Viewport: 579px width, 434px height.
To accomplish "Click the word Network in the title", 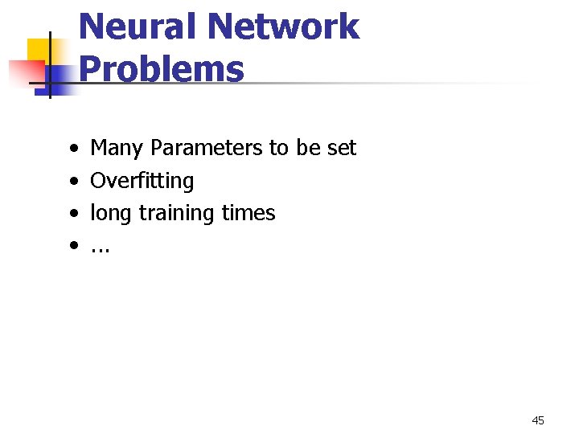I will point(283,27).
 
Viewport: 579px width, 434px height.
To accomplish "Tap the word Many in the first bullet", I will point(117,148).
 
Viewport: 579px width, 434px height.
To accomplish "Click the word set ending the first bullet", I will point(342,148).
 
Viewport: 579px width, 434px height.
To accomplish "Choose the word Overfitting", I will point(142,181).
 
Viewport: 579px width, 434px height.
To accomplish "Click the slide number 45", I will point(538,420).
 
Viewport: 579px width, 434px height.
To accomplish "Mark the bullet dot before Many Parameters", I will point(73,149).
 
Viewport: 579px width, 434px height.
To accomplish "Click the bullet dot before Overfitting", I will point(73,182).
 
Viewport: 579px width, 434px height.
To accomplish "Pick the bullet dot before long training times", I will point(73,215).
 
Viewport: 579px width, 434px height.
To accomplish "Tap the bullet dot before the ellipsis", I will point(73,247).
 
